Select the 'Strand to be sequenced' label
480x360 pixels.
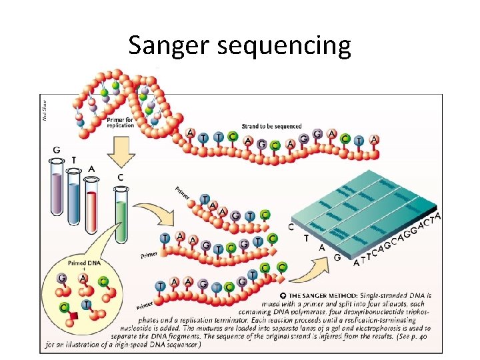[271, 126]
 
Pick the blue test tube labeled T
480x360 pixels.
[74, 197]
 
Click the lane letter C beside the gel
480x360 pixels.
[291, 226]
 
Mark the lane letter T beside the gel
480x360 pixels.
[306, 237]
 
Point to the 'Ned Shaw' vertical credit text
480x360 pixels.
[45, 109]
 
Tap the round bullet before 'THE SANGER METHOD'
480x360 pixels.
[283, 295]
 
